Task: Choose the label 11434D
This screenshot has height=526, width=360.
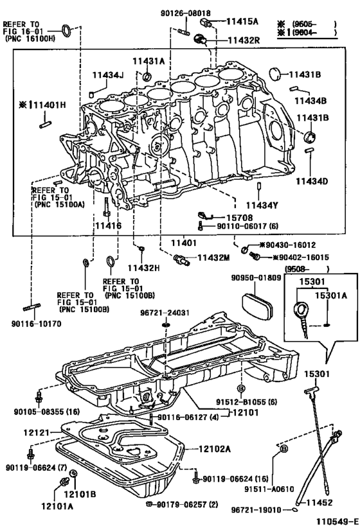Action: tap(312, 181)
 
